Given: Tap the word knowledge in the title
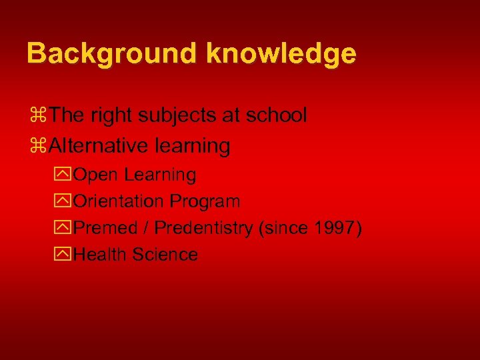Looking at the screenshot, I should click(x=281, y=53).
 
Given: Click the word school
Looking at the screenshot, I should click(x=277, y=115).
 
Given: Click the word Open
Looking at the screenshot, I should click(x=97, y=175).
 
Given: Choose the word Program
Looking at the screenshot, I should click(x=205, y=201).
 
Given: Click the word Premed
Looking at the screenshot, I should click(x=107, y=228).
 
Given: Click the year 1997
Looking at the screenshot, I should click(x=337, y=228).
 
